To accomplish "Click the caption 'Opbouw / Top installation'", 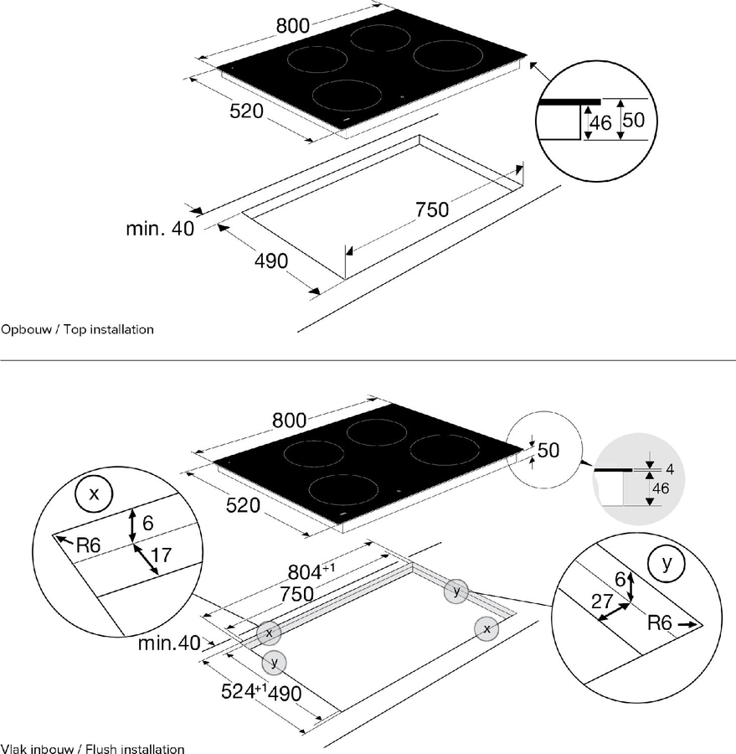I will [x=78, y=329].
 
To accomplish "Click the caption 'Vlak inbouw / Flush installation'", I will [x=92, y=748].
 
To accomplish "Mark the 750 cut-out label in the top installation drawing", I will [x=433, y=209].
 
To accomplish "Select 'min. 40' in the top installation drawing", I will [x=159, y=229].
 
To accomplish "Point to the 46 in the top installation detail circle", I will [x=600, y=123].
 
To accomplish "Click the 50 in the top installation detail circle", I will [x=634, y=120].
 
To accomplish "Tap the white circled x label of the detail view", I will [x=94, y=494].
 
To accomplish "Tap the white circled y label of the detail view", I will [x=667, y=563].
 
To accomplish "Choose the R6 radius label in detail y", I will [x=661, y=624].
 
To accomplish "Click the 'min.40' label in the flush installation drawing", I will [x=170, y=643].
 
